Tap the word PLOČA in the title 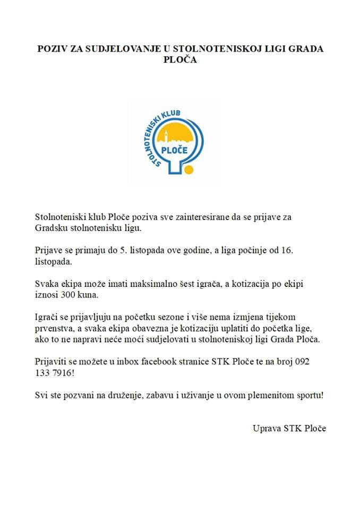(180, 60)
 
